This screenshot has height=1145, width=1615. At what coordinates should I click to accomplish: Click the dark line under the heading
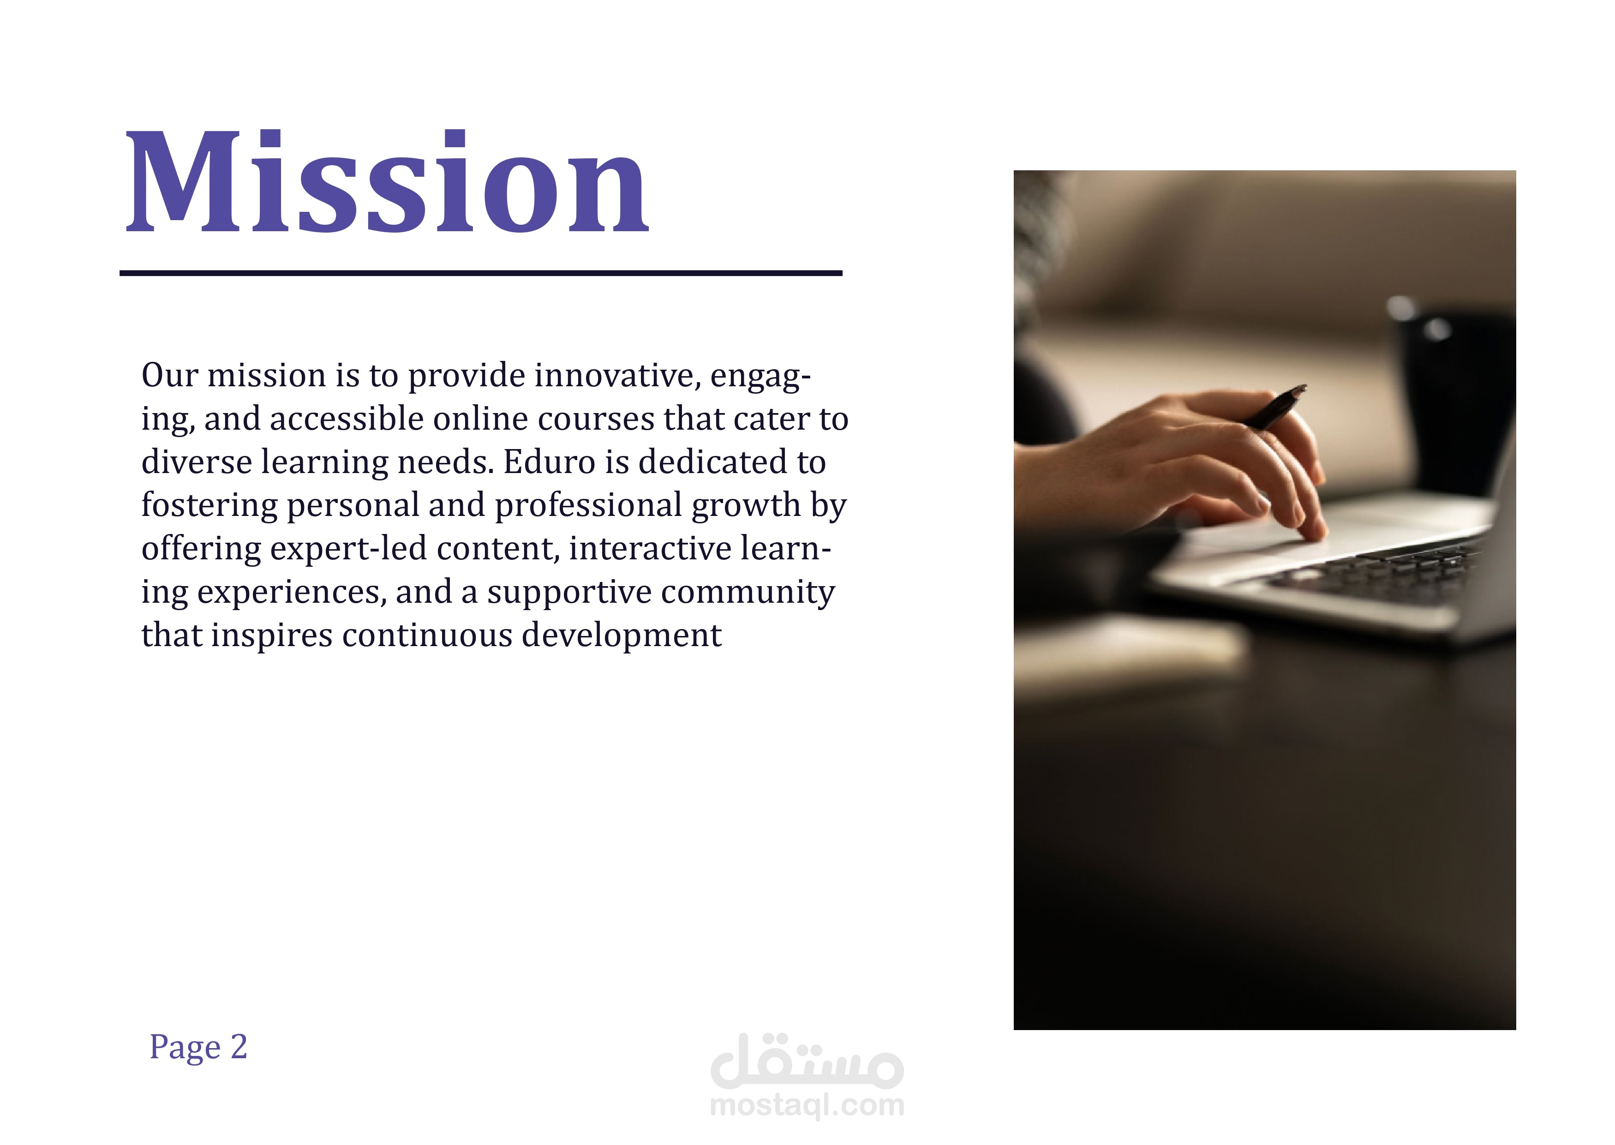click(x=481, y=273)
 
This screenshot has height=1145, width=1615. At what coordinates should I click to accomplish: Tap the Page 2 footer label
click(x=198, y=1048)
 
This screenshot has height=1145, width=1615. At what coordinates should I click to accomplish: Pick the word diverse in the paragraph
click(x=197, y=462)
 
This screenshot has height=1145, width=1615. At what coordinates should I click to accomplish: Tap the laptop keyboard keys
click(x=1375, y=575)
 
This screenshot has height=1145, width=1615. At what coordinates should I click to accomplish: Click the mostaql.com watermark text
click(x=807, y=1105)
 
